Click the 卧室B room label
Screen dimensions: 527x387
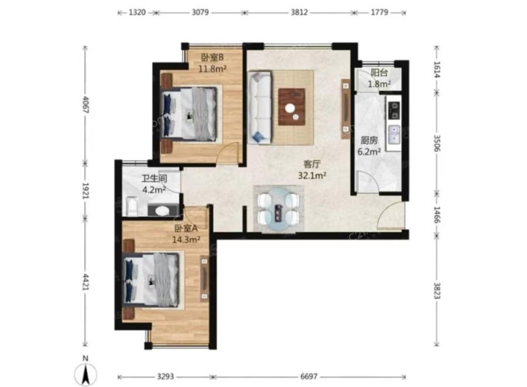[213, 57]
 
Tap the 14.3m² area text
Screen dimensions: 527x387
[186, 239]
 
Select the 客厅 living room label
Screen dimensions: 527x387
[312, 164]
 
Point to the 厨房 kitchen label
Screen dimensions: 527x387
[369, 140]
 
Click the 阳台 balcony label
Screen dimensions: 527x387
[379, 72]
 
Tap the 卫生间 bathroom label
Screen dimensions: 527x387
[154, 179]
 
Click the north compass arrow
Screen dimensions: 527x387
[85, 374]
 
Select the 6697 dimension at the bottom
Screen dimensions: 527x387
[309, 376]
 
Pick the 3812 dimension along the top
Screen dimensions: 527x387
[299, 12]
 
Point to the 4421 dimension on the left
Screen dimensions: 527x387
[85, 281]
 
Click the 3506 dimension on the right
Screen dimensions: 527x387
[437, 143]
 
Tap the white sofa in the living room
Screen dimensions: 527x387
[259, 107]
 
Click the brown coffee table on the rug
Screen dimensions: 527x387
[292, 107]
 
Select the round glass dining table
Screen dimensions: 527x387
[279, 209]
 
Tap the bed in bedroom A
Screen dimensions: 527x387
[151, 280]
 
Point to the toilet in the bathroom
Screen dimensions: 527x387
[132, 207]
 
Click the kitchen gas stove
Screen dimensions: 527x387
[393, 110]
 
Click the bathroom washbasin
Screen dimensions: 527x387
[163, 211]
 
